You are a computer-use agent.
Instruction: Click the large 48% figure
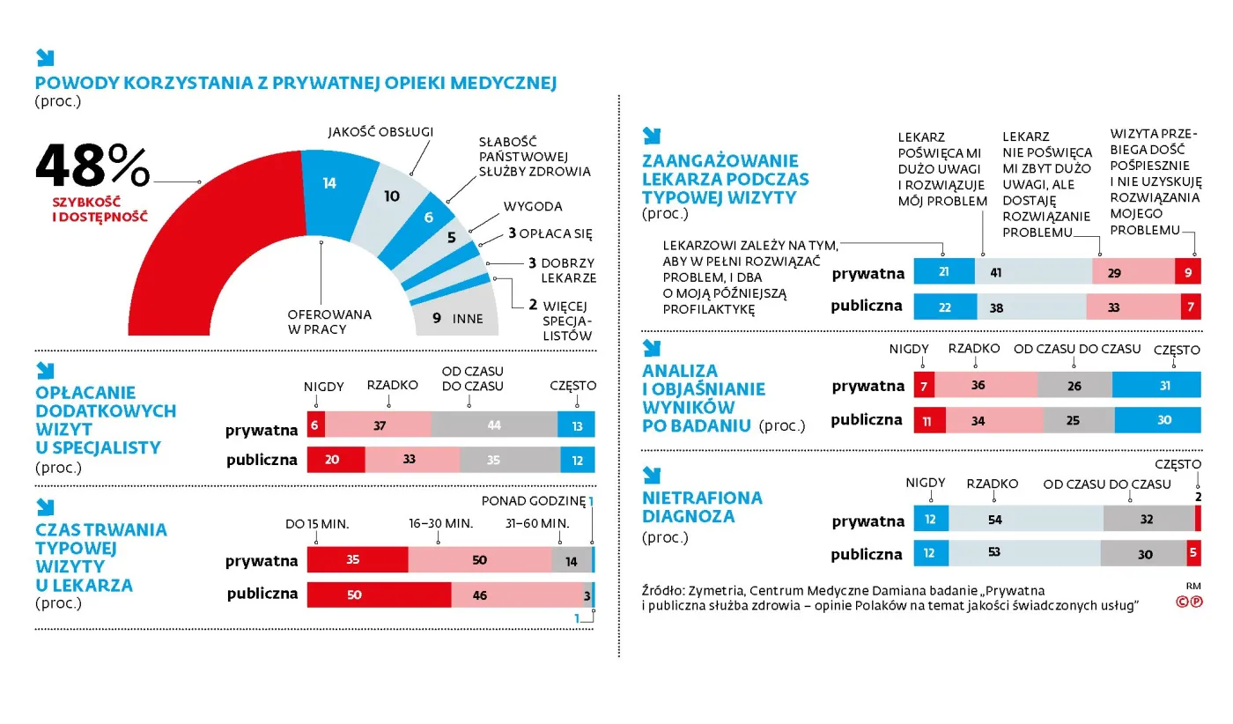pyautogui.click(x=92, y=167)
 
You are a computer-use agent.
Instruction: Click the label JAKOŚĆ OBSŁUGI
pyautogui.click(x=380, y=132)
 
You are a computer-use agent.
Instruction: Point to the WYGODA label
pyautogui.click(x=532, y=207)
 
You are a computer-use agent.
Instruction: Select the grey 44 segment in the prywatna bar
pyautogui.click(x=494, y=425)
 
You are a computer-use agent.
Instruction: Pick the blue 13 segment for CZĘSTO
pyautogui.click(x=576, y=425)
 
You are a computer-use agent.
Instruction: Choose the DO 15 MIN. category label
pyautogui.click(x=317, y=524)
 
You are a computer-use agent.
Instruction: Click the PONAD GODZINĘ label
pyautogui.click(x=533, y=501)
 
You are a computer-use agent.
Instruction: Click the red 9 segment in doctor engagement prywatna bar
pyautogui.click(x=1187, y=272)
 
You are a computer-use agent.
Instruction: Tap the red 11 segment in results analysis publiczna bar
pyautogui.click(x=929, y=420)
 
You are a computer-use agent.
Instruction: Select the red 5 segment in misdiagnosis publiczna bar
pyautogui.click(x=1192, y=554)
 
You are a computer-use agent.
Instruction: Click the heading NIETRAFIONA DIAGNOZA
pyautogui.click(x=702, y=506)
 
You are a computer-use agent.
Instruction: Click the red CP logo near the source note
pyautogui.click(x=1189, y=602)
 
